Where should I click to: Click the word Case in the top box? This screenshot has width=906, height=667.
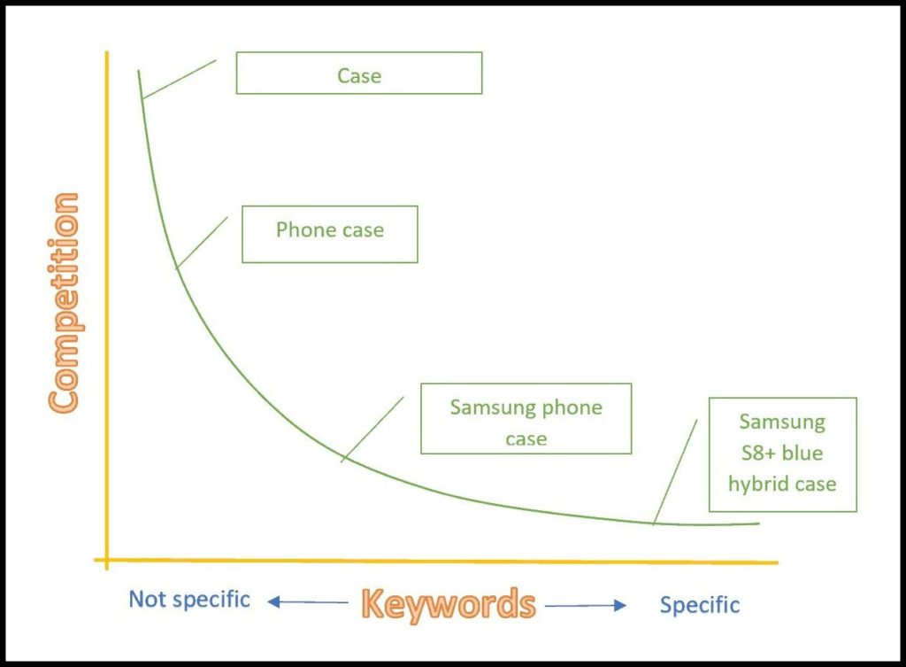pyautogui.click(x=359, y=76)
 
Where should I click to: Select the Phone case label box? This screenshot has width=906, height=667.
pyautogui.click(x=329, y=234)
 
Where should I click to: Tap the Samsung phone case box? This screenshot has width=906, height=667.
pyautogui.click(x=526, y=418)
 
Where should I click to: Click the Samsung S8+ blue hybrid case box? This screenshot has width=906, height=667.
pyautogui.click(x=782, y=454)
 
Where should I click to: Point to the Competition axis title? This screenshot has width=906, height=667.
pyautogui.click(x=64, y=303)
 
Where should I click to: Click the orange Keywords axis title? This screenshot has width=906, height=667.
pyautogui.click(x=449, y=604)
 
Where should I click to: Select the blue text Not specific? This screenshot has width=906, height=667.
pyautogui.click(x=189, y=600)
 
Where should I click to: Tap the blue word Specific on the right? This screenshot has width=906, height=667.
pyautogui.click(x=700, y=606)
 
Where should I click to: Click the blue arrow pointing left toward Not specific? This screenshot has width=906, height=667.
pyautogui.click(x=307, y=602)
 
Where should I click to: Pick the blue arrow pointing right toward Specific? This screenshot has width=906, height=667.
pyautogui.click(x=586, y=606)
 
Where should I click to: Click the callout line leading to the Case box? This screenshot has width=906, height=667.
pyautogui.click(x=179, y=79)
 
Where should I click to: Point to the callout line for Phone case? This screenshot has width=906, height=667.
pyautogui.click(x=203, y=243)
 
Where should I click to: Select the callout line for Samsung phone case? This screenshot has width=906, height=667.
pyautogui.click(x=372, y=429)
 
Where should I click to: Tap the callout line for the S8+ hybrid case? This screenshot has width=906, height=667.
pyautogui.click(x=675, y=472)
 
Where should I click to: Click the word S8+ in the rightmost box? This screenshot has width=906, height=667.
pyautogui.click(x=758, y=453)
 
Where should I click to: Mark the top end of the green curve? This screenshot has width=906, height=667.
pyautogui.click(x=138, y=71)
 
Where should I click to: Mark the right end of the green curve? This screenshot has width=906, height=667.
pyautogui.click(x=759, y=524)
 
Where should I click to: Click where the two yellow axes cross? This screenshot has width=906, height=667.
pyautogui.click(x=107, y=560)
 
